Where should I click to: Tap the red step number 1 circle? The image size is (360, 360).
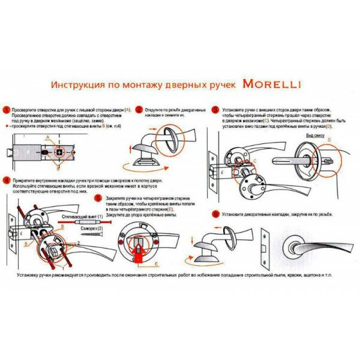point(6,110)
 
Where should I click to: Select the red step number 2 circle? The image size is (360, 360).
point(139,110)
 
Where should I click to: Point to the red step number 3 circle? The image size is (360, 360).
point(215,110)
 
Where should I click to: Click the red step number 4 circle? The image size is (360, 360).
point(6,179)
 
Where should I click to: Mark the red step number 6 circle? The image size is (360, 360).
point(215,214)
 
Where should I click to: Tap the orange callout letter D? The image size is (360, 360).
point(328,140)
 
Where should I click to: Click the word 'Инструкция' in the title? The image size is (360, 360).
point(79,85)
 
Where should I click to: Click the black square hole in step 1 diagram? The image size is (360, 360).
point(60,152)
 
